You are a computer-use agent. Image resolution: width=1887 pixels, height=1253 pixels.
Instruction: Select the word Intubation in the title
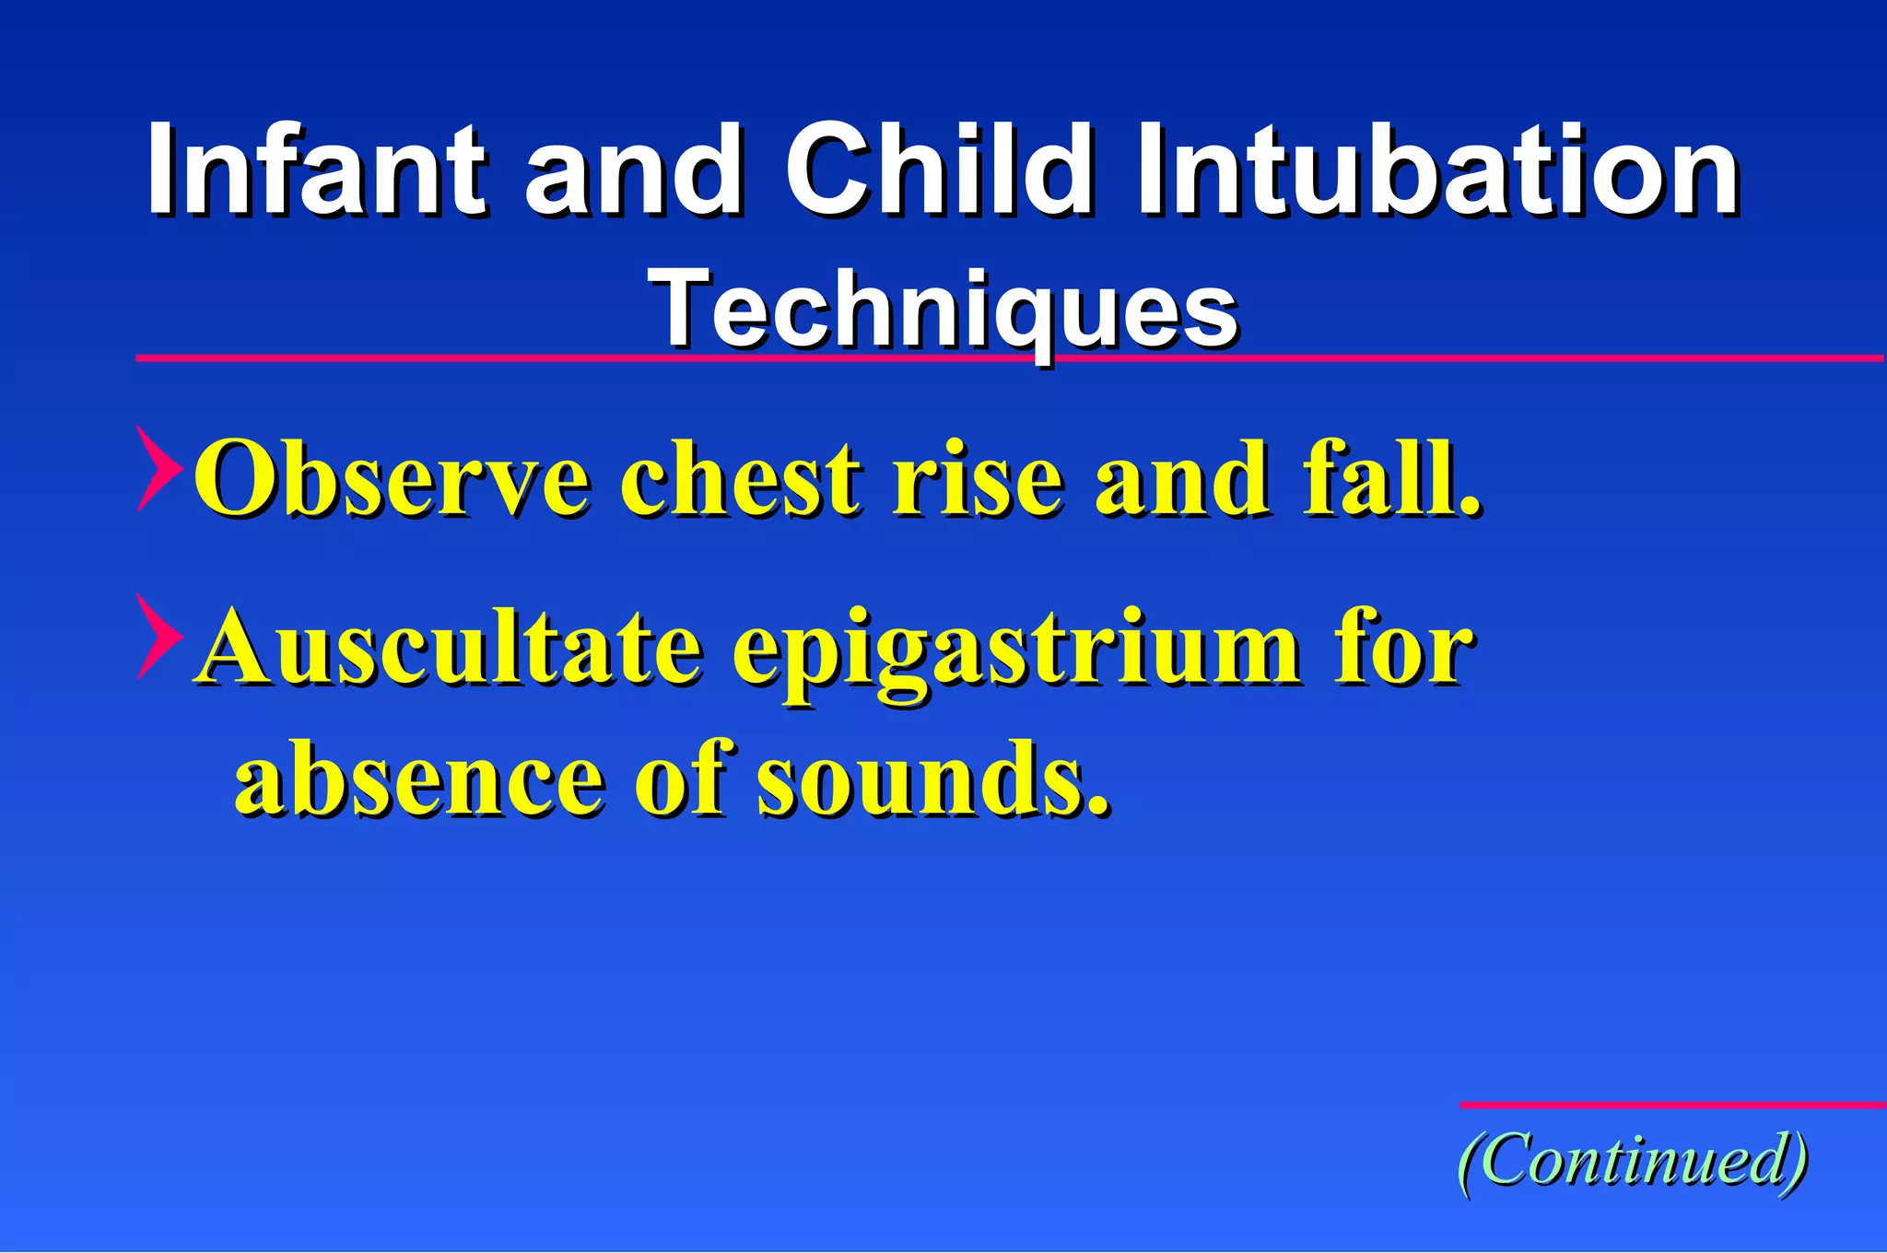1437,170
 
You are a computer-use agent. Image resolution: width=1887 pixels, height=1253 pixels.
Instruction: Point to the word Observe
392,479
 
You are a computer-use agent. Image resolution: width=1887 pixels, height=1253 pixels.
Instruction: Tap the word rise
976,479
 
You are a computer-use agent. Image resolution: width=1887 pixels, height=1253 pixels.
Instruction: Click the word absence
420,779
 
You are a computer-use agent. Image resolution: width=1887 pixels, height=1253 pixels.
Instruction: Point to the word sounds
931,779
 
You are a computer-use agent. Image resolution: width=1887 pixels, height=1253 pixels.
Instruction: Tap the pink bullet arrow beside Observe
158,469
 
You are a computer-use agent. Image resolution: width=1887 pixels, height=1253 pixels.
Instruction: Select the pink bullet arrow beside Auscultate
158,638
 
